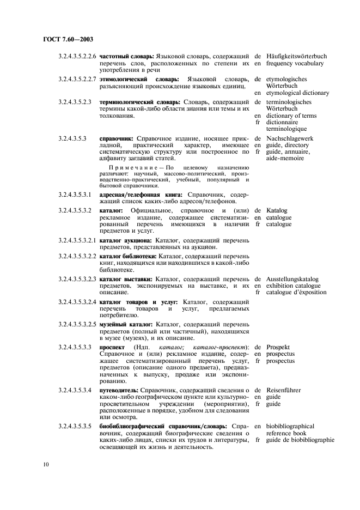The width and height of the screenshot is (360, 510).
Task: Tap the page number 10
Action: click(x=45, y=464)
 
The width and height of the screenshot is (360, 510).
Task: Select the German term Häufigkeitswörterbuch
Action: click(x=296, y=56)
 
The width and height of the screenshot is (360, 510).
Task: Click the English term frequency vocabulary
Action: click(x=295, y=63)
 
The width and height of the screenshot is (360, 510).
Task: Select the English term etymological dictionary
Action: click(x=297, y=93)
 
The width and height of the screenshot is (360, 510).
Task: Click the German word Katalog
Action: click(x=277, y=210)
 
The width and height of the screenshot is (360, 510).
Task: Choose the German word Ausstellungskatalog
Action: click(x=292, y=279)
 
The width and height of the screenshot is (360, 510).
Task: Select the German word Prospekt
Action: click(x=278, y=347)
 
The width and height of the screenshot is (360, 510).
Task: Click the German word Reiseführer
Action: click(x=283, y=391)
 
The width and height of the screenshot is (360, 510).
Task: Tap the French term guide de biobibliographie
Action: click(x=300, y=440)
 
